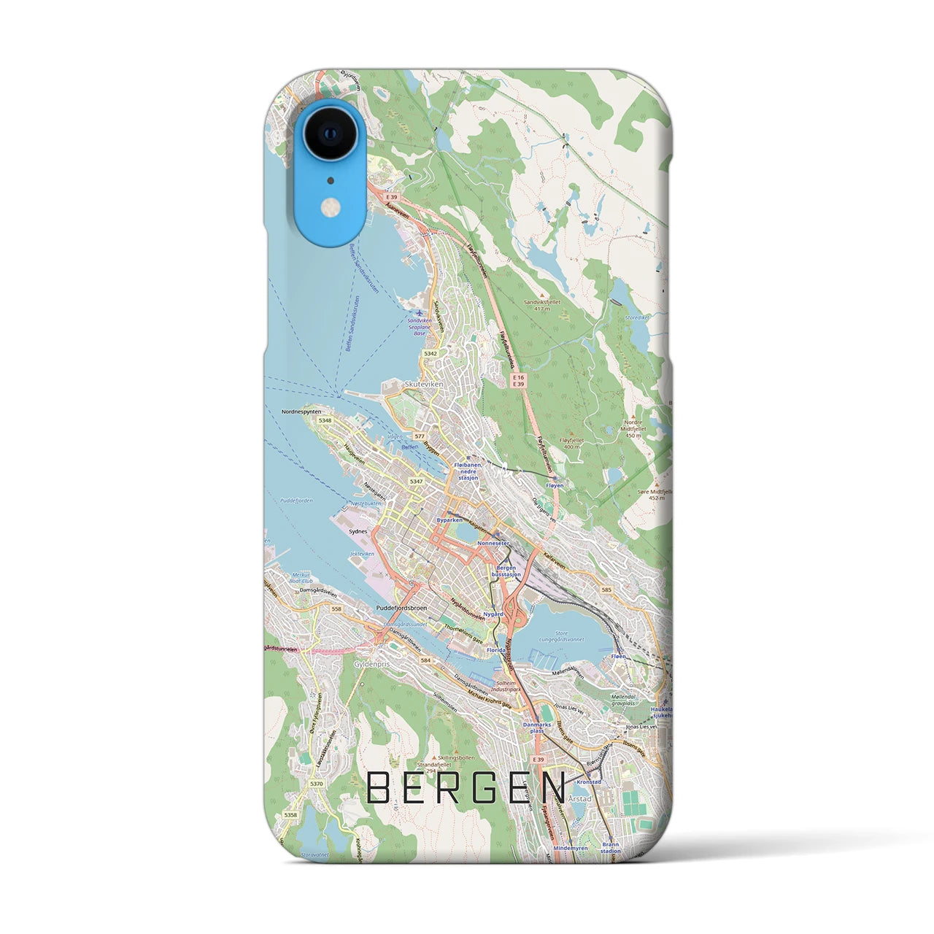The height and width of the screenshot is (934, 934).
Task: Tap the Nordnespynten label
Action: tap(301, 412)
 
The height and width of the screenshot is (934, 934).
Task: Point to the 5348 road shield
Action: tap(325, 421)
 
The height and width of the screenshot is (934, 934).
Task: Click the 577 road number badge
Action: tap(419, 435)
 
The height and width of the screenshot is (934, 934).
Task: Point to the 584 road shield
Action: tap(425, 660)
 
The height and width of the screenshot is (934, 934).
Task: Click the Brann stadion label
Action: tap(610, 847)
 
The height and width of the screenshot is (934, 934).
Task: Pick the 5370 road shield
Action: tap(315, 784)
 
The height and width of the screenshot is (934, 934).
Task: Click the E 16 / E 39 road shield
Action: tap(518, 380)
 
